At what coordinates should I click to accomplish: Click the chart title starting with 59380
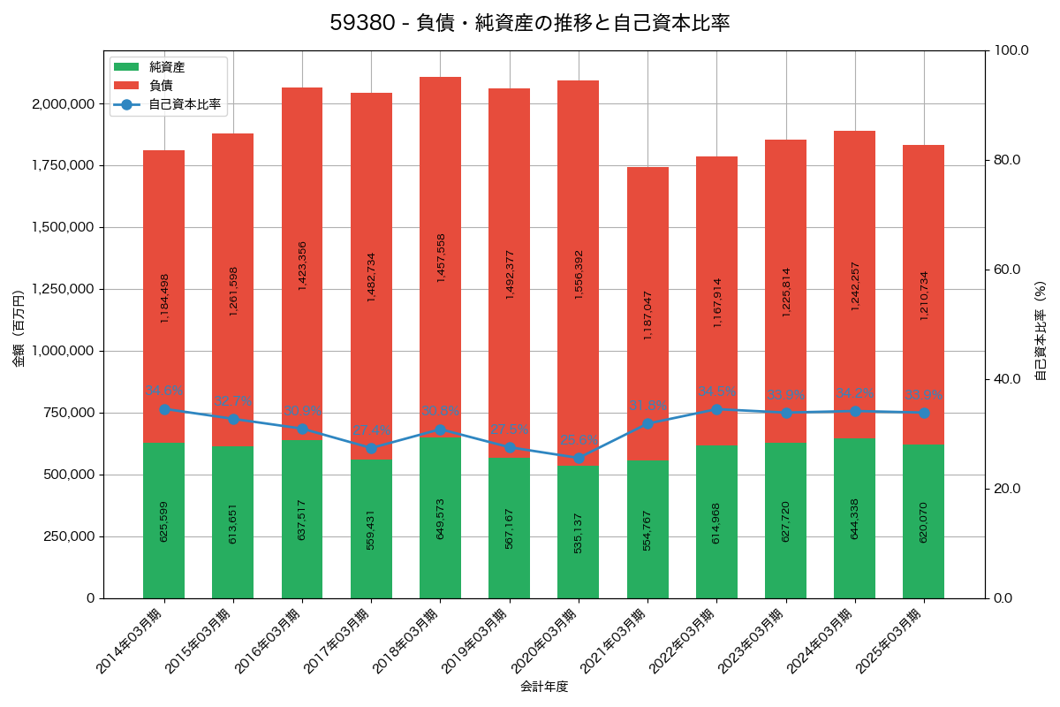click(530, 23)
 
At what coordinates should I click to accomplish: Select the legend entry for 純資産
click(166, 66)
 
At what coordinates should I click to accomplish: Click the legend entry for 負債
click(160, 85)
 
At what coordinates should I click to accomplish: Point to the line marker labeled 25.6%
click(579, 458)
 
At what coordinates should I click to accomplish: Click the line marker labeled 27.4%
click(371, 448)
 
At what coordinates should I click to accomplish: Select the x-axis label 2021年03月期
click(618, 641)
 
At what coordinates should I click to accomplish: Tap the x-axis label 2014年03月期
click(134, 641)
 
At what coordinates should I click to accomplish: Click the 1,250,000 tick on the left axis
click(63, 289)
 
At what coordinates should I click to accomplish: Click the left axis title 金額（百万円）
click(19, 329)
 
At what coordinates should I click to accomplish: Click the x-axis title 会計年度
click(543, 686)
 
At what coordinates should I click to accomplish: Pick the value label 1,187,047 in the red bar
click(647, 315)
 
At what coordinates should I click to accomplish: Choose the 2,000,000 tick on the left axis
click(63, 103)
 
